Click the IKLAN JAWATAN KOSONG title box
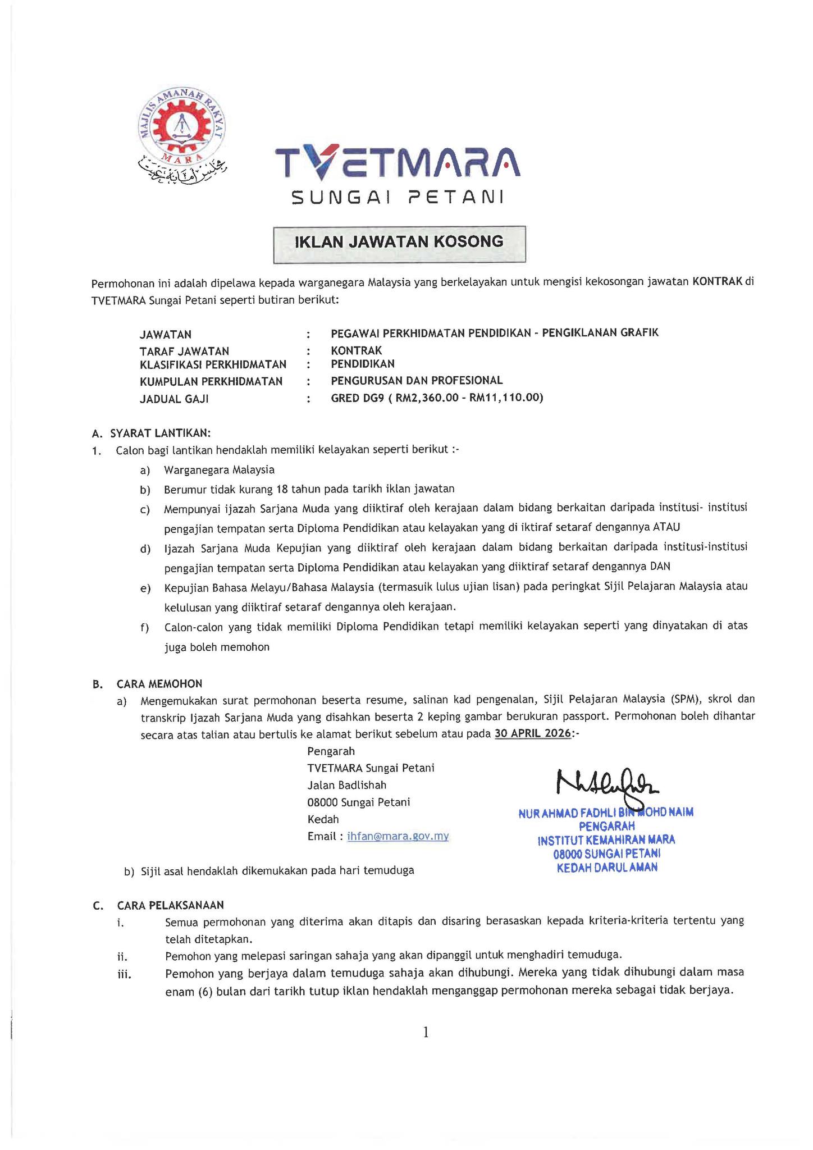click(399, 243)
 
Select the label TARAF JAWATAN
click(184, 352)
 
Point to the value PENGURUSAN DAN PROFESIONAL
click(417, 381)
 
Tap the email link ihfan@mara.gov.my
click(398, 836)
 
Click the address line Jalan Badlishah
click(346, 785)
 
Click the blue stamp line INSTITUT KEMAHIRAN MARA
click(606, 840)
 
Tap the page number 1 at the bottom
click(426, 1032)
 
